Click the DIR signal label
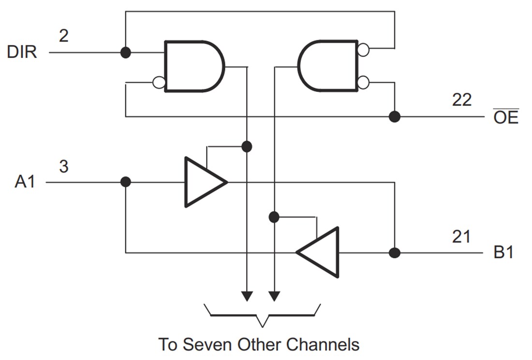(x=22, y=52)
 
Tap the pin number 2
(x=64, y=35)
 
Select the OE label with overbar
(x=506, y=118)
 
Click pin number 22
(x=462, y=100)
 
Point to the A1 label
(x=25, y=182)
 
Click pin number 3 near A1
(x=63, y=166)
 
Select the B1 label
(x=502, y=253)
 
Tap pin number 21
(x=461, y=237)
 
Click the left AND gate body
(x=191, y=66)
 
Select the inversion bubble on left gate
(x=158, y=83)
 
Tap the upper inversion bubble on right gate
(x=364, y=49)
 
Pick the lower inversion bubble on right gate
(x=364, y=83)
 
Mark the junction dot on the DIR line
(x=125, y=52)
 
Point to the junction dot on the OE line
(x=395, y=117)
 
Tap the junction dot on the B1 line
(x=395, y=253)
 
